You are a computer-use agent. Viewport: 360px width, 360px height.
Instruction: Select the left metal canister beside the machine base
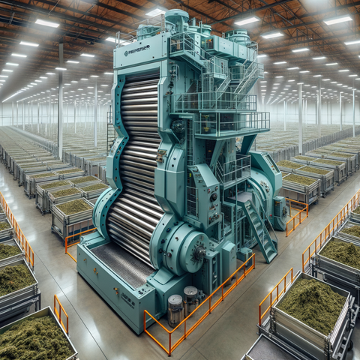(x=175, y=308)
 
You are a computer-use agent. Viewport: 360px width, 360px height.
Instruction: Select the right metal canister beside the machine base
(x=190, y=300)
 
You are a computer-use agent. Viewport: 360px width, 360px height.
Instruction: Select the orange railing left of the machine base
(x=75, y=240)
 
